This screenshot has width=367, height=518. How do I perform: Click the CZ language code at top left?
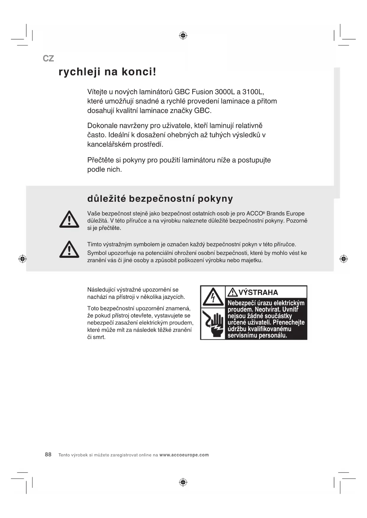pyautogui.click(x=48, y=58)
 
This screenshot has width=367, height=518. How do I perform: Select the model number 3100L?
pyautogui.click(x=253, y=92)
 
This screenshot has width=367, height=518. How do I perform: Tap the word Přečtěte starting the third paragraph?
pyautogui.click(x=100, y=160)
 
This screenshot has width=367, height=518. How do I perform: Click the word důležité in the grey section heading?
pyautogui.click(x=106, y=198)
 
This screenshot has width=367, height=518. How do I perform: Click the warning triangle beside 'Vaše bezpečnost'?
pyautogui.click(x=69, y=219)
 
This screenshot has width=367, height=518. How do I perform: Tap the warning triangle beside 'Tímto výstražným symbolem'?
pyautogui.click(x=69, y=250)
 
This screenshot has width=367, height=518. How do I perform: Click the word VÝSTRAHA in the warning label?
pyautogui.click(x=258, y=292)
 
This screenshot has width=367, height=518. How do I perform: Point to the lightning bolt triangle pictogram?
pyautogui.click(x=213, y=297)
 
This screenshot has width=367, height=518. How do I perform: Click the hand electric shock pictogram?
pyautogui.click(x=213, y=324)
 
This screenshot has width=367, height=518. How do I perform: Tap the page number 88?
pyautogui.click(x=48, y=455)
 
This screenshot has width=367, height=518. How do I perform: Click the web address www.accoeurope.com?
pyautogui.click(x=184, y=455)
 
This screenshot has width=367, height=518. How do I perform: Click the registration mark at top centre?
pyautogui.click(x=183, y=36)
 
